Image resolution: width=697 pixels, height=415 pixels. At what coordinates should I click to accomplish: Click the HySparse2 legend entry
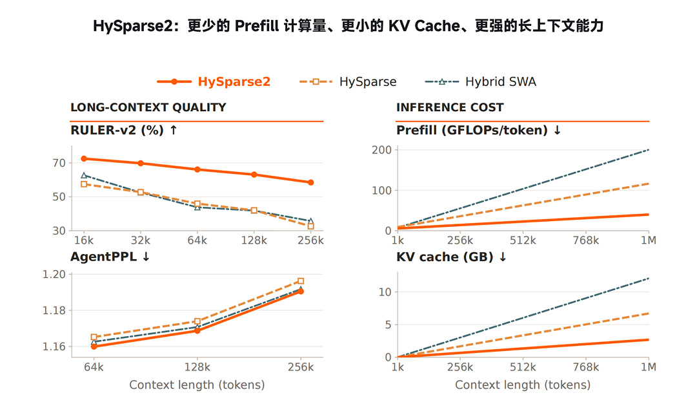214,81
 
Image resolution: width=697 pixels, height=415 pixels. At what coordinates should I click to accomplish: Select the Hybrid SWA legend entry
481,81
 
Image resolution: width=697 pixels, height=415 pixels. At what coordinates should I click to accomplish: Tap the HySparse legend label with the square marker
368,81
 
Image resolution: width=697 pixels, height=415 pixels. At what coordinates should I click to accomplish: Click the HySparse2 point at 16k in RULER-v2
84,158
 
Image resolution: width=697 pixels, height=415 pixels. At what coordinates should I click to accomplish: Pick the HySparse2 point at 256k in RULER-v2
310,182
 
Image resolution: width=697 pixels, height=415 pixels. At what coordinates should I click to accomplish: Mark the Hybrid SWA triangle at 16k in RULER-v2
84,175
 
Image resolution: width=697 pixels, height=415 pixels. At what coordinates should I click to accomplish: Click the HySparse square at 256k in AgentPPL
301,281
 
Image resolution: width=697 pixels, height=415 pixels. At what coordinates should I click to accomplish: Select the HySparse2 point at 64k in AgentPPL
94,346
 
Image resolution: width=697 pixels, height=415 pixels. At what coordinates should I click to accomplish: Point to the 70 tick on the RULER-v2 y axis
59,163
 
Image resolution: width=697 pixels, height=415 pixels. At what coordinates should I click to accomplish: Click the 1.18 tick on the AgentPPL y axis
54,310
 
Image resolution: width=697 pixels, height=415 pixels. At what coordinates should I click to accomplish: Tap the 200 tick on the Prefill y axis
382,150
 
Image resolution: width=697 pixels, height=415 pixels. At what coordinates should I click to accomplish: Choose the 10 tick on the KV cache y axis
385,292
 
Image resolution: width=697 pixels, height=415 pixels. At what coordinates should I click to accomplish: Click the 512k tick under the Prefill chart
523,240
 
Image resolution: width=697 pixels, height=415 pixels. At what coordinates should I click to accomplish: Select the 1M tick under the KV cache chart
649,367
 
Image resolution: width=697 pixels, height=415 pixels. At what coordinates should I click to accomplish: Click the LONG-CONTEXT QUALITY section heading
148,107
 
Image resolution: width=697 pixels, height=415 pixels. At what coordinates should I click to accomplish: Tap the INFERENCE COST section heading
450,107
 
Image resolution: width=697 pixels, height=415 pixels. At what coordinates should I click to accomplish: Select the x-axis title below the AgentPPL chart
197,385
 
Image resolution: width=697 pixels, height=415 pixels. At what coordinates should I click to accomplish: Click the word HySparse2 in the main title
132,26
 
